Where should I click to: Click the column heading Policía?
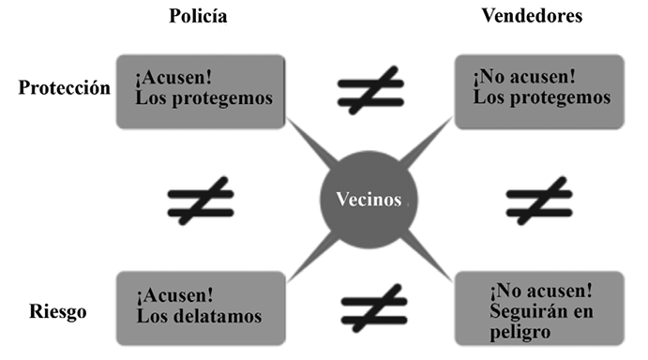point(198,17)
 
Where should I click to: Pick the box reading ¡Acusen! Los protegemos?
point(200,91)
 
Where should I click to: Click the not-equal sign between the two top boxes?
point(369,92)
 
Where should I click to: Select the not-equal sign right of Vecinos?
point(539,200)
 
